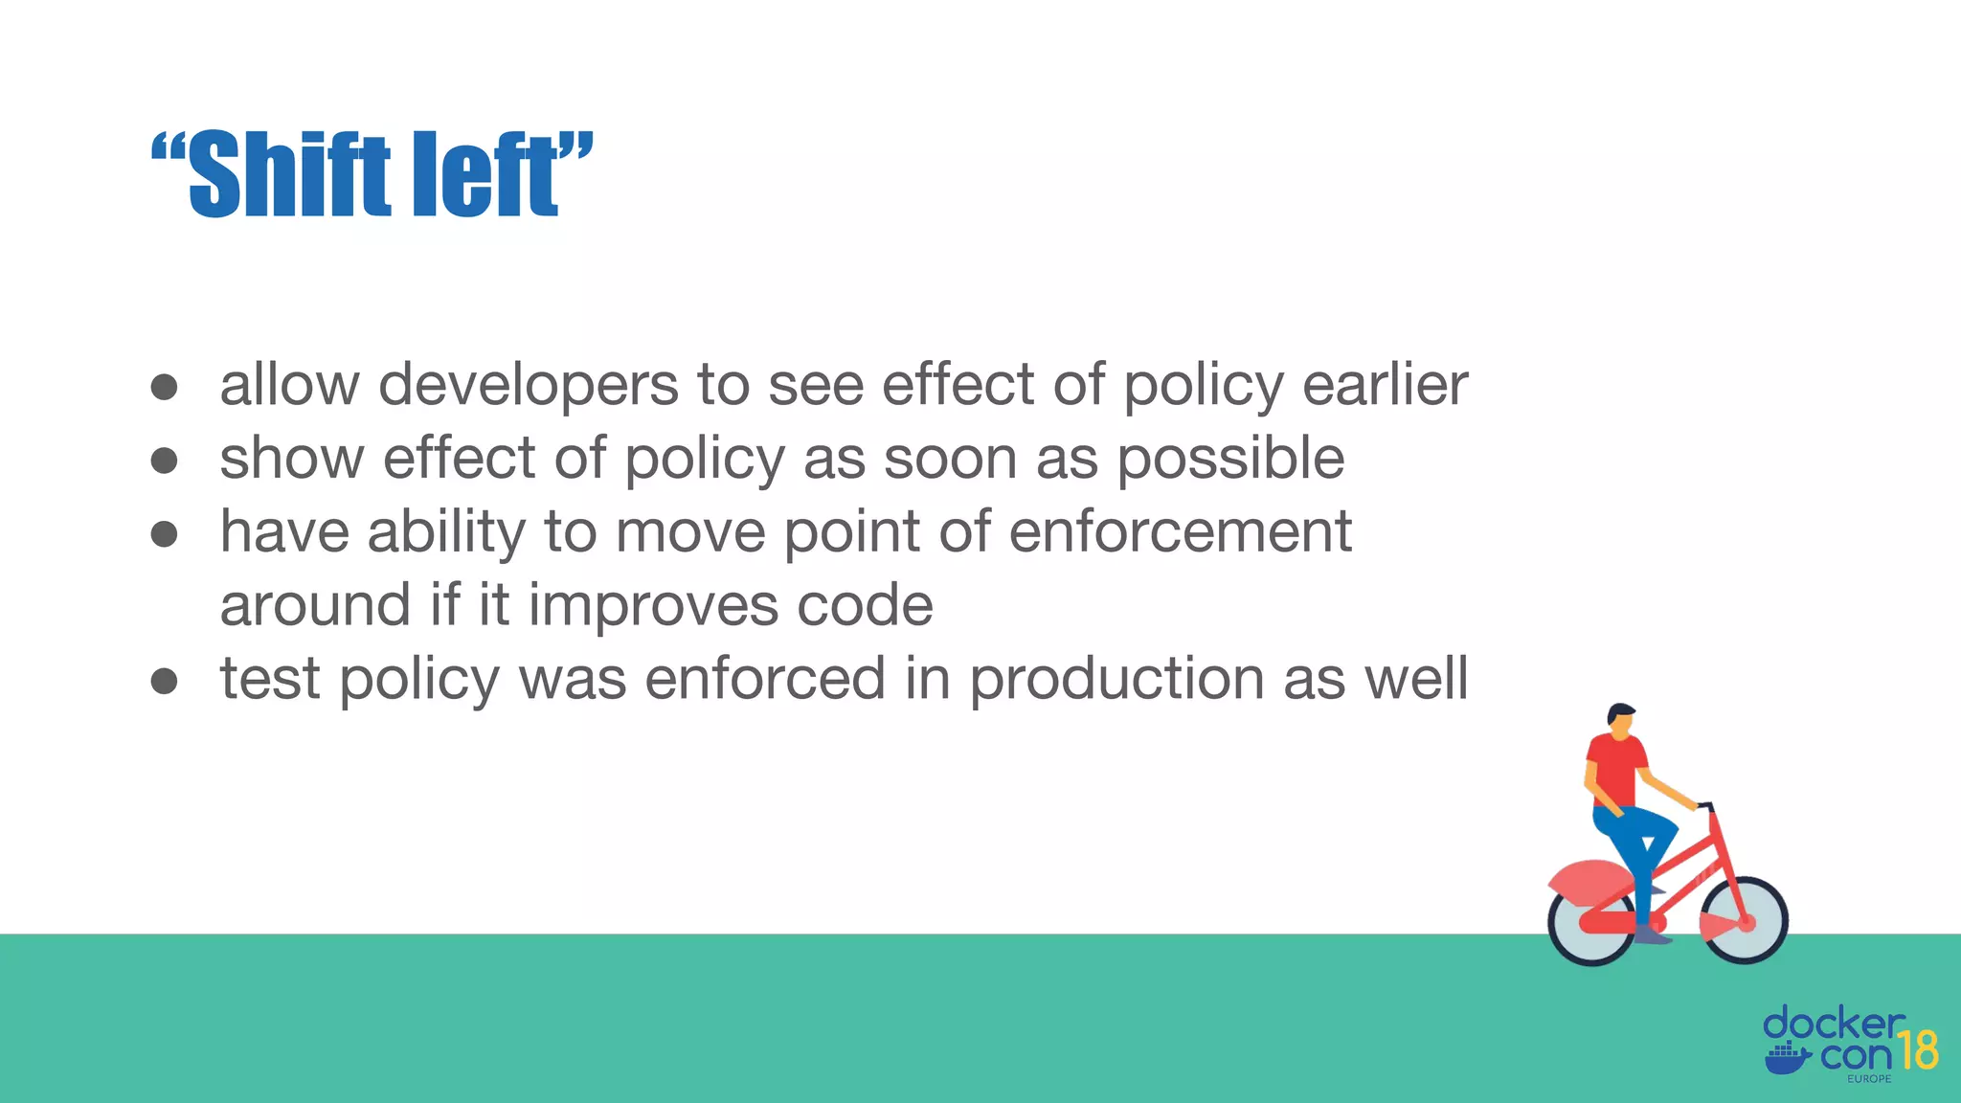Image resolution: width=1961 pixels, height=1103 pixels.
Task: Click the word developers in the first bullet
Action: [x=529, y=385]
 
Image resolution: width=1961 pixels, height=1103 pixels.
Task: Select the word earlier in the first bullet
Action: [x=1385, y=385]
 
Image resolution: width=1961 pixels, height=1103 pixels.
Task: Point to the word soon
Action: [x=950, y=459]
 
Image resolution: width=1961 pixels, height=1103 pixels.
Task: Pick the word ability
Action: [x=446, y=532]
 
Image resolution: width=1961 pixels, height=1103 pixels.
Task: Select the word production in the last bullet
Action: [x=1116, y=680]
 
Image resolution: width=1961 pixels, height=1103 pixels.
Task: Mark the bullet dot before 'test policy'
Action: [x=165, y=681]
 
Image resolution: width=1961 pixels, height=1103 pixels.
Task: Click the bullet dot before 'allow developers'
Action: [x=165, y=387]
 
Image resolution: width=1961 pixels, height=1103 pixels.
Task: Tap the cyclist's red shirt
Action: [x=1615, y=770]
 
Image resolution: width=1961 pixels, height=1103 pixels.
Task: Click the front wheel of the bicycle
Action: [x=1745, y=920]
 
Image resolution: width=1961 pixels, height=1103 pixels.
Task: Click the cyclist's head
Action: [x=1621, y=720]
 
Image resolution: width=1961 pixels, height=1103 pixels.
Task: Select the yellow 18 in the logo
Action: [x=1917, y=1050]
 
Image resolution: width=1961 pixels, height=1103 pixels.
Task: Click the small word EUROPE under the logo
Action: [x=1869, y=1079]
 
